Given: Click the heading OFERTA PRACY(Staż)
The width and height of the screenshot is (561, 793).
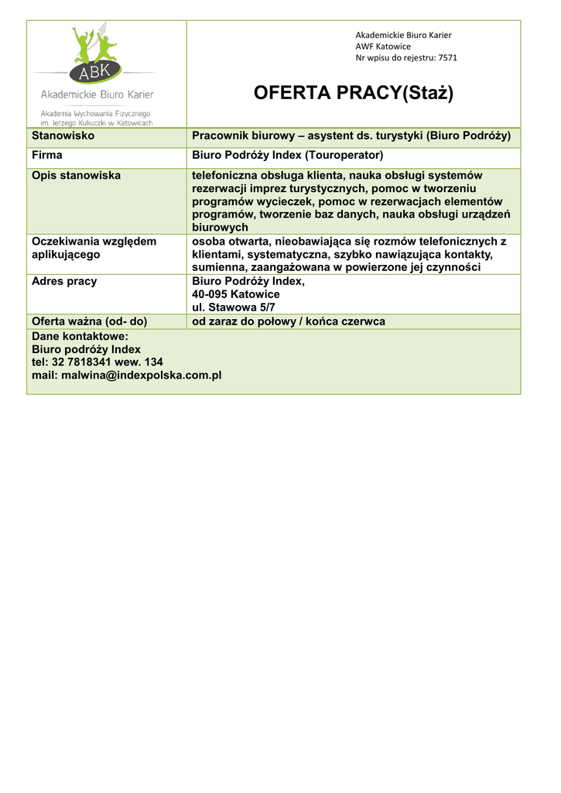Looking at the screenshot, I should point(354,94).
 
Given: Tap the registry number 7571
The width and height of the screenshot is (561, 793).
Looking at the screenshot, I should point(447,57).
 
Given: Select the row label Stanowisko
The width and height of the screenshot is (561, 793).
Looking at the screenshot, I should point(63,136).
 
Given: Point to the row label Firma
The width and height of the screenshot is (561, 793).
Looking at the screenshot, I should point(46,155).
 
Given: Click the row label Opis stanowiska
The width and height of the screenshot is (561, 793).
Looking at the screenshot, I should point(76,175).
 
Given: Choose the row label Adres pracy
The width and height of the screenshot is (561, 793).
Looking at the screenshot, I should point(64,281).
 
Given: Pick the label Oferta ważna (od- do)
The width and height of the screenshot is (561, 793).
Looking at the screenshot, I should point(89,321).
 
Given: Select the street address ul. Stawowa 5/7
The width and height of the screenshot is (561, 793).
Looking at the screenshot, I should point(233,307).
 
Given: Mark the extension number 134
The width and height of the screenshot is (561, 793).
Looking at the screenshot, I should point(153,362).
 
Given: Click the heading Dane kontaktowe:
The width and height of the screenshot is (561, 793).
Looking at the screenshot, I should point(80,336).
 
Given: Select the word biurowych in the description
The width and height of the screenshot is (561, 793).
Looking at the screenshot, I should point(220,228).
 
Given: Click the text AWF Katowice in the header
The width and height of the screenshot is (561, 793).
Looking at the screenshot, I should point(383,46).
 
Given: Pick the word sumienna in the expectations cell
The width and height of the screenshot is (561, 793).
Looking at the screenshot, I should point(217,267).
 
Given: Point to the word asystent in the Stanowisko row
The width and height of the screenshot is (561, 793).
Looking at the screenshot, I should point(330,136).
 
